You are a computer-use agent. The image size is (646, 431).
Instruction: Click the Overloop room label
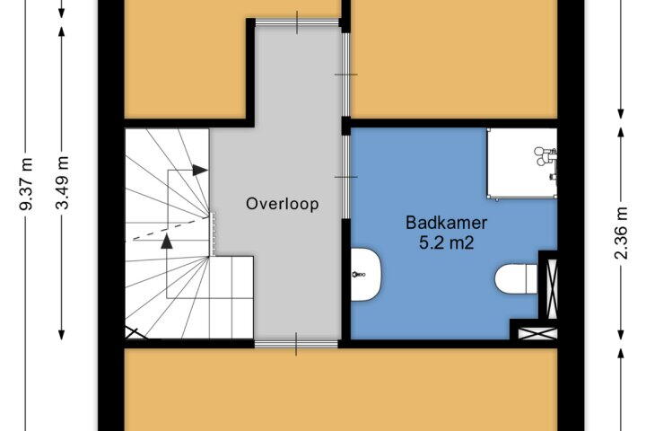point(283,204)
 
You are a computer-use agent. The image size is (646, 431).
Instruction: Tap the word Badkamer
point(446,223)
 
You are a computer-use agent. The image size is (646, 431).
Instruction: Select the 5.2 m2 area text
point(446,242)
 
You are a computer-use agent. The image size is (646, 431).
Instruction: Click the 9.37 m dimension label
point(26,184)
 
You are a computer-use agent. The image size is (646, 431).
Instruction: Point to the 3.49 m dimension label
point(63,182)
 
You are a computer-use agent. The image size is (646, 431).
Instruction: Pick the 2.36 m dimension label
point(621,233)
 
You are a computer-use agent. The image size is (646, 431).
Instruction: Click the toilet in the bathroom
point(516,279)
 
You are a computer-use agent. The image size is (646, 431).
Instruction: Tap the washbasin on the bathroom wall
point(366,274)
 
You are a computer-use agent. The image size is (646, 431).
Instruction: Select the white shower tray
point(522,163)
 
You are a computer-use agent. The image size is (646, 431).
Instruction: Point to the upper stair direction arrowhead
point(200,170)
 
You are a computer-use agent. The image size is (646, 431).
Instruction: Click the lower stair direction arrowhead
point(167,242)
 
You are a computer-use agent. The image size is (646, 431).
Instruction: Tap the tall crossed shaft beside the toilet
point(551,288)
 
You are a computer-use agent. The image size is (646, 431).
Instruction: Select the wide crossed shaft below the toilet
point(537,333)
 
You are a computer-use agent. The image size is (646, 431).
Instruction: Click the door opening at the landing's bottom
point(296,344)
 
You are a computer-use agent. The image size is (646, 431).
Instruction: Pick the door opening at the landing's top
point(297,22)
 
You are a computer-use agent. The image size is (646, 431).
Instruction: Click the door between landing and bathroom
point(346,177)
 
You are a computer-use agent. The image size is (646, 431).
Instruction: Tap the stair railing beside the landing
point(213,233)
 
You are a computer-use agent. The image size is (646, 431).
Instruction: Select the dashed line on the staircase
point(163,230)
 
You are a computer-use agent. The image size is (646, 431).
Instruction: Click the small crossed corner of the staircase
point(135,333)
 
